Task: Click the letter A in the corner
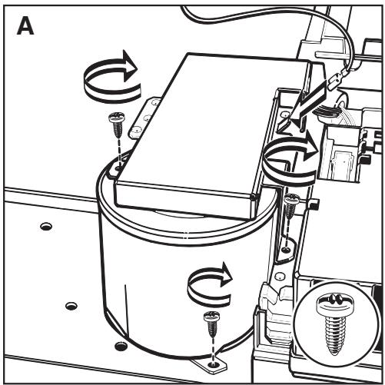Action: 25,26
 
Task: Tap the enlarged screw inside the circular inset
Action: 334,325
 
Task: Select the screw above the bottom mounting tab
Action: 212,324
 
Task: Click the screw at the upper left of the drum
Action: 117,124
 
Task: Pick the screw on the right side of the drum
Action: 290,206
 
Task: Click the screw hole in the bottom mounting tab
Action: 212,364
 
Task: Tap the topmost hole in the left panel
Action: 46,227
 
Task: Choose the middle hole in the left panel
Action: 71,306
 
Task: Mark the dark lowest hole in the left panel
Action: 121,346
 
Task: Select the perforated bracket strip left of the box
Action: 144,117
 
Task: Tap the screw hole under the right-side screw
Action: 286,249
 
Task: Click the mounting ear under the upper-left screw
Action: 116,170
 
